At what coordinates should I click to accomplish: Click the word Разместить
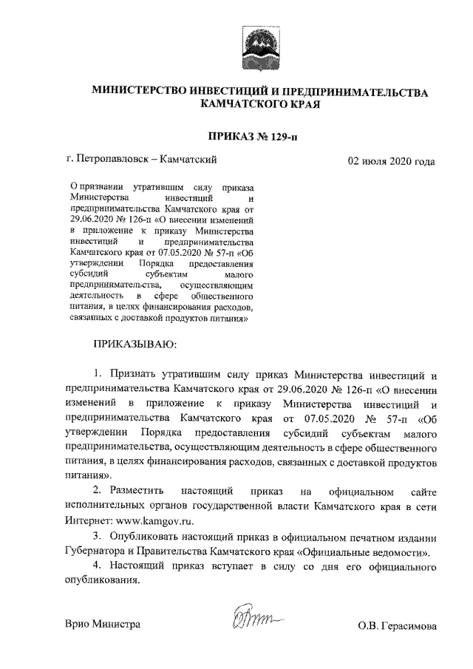(x=137, y=491)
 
